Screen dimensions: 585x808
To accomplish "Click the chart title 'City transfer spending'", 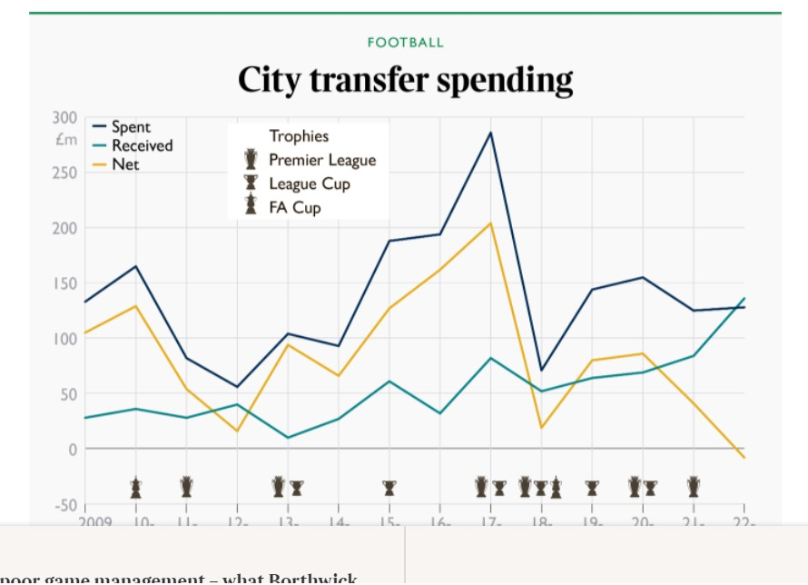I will (x=405, y=80).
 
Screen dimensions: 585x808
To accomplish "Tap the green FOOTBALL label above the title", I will (x=406, y=43).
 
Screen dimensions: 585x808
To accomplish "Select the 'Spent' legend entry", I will (x=131, y=127).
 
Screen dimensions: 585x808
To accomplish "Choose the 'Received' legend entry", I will (x=142, y=145).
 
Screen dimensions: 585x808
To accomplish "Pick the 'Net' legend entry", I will (x=125, y=164).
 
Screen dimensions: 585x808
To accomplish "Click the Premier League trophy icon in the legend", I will (x=251, y=160).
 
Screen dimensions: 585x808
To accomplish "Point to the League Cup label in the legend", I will (x=310, y=183).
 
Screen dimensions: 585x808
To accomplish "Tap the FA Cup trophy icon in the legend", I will (x=251, y=206).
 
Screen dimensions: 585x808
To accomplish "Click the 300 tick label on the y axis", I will (x=64, y=117).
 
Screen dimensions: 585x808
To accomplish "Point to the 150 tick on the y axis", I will (x=64, y=283).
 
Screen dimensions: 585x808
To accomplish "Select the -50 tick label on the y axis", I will (x=64, y=505).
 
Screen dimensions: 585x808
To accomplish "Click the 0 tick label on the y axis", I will (x=74, y=450).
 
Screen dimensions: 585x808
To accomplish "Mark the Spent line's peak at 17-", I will (x=490, y=133).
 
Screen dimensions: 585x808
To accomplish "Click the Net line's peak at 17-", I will (x=490, y=223).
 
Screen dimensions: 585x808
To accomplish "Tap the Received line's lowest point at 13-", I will (x=288, y=438).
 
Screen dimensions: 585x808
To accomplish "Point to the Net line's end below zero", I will (x=744, y=457).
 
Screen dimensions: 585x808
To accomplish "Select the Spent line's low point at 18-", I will (x=541, y=370).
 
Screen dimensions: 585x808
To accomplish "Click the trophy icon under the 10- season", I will (x=135, y=488).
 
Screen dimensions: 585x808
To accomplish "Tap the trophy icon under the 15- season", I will (x=389, y=488).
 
